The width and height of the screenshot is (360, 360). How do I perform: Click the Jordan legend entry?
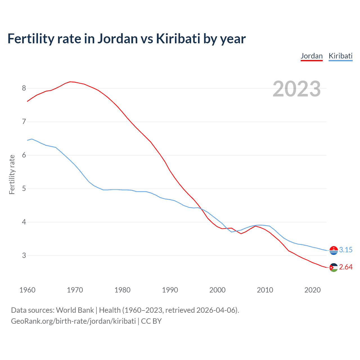312,56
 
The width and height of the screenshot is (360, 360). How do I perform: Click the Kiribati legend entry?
340,56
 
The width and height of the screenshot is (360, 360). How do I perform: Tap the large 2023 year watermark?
296,89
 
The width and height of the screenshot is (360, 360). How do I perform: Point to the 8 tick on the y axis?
24,88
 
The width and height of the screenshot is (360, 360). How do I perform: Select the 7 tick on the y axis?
24,122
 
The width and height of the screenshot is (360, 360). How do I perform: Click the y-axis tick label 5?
24,189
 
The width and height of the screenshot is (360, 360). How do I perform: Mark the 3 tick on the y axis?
24,256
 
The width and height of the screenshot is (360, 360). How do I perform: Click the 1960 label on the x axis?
27,290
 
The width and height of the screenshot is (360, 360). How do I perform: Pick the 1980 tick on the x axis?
122,290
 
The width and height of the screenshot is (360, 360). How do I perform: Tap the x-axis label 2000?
217,290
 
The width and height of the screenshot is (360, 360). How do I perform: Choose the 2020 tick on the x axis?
312,290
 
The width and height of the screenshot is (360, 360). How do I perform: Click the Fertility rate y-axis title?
12,174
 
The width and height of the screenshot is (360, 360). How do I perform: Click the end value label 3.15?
346,250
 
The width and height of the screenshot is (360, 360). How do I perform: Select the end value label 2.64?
346,267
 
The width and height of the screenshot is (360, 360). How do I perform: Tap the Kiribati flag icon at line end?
334,250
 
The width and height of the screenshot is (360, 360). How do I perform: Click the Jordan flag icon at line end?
334,267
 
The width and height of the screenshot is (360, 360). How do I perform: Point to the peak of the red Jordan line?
70,82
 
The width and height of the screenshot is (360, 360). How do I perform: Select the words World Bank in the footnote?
75,310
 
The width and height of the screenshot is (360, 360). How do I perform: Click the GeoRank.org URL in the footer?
73,321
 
